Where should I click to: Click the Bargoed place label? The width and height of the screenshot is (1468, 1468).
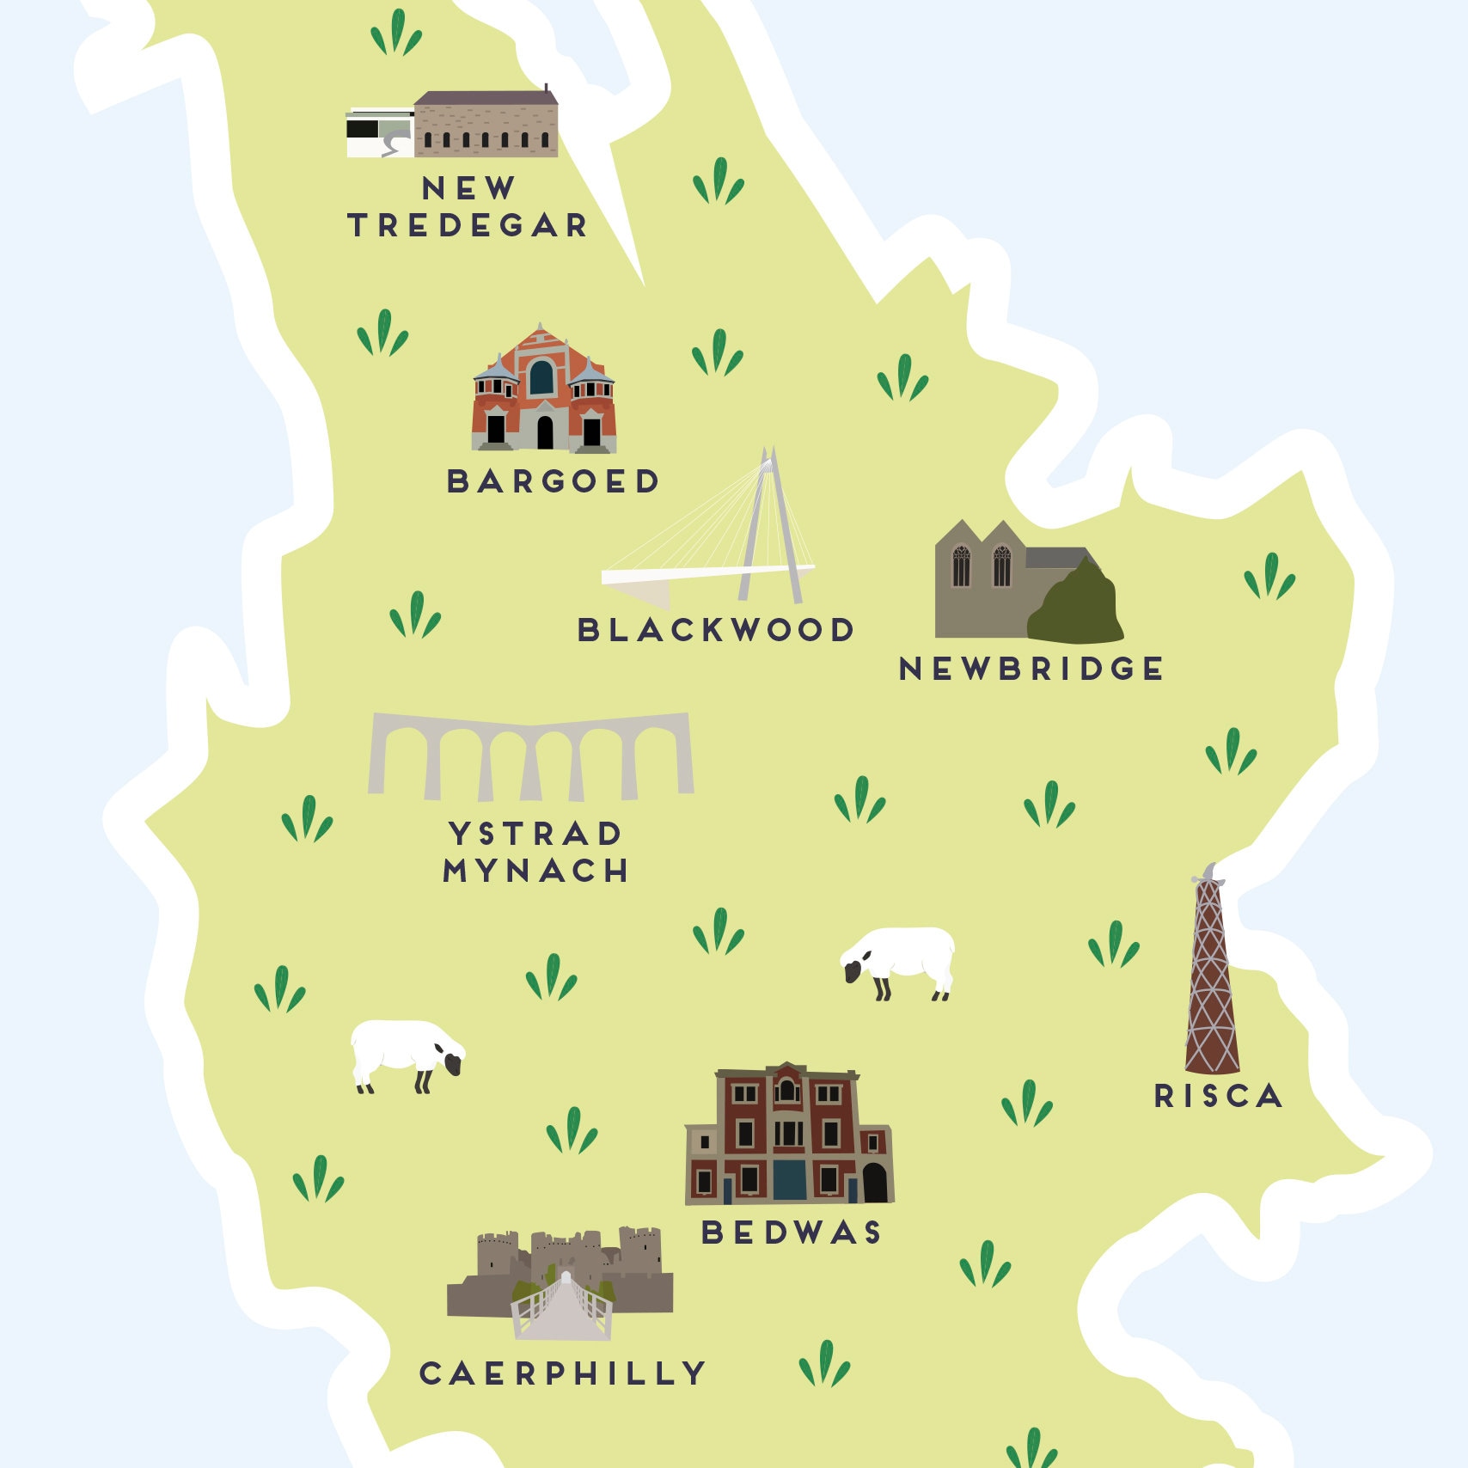[x=553, y=481]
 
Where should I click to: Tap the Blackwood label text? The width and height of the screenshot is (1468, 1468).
[x=715, y=630]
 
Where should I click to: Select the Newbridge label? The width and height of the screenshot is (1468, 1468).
[x=1031, y=669]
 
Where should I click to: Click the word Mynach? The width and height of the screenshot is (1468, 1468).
[x=535, y=872]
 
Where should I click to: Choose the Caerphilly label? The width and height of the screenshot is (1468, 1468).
[x=563, y=1373]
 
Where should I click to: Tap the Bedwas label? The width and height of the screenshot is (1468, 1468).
[x=792, y=1233]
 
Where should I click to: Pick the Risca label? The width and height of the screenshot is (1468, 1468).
[x=1218, y=1096]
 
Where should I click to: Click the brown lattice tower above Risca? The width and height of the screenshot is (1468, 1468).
[x=1211, y=980]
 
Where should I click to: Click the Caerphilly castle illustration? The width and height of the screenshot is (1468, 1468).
[x=559, y=1272]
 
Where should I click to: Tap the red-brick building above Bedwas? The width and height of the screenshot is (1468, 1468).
[x=788, y=1135]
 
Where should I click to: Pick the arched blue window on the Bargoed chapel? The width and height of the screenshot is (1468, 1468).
[x=541, y=376]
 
